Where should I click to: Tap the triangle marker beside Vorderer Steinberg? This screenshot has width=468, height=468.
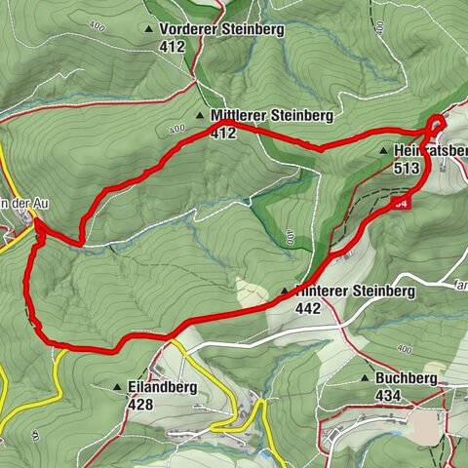pos(148,30)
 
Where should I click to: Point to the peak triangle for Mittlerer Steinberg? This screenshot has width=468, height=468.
pos(201,115)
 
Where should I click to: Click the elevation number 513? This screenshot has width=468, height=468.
pos(408,168)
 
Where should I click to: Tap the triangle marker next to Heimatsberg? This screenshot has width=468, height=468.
pos(385,152)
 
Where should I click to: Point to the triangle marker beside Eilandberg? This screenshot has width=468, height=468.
pos(118,386)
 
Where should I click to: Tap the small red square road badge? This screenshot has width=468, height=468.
pos(402,203)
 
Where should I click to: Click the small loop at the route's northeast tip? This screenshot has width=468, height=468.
pos(436,125)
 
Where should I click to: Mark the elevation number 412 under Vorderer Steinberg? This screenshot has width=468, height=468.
pos(175,46)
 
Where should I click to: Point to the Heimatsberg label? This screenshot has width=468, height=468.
pos(430,152)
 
